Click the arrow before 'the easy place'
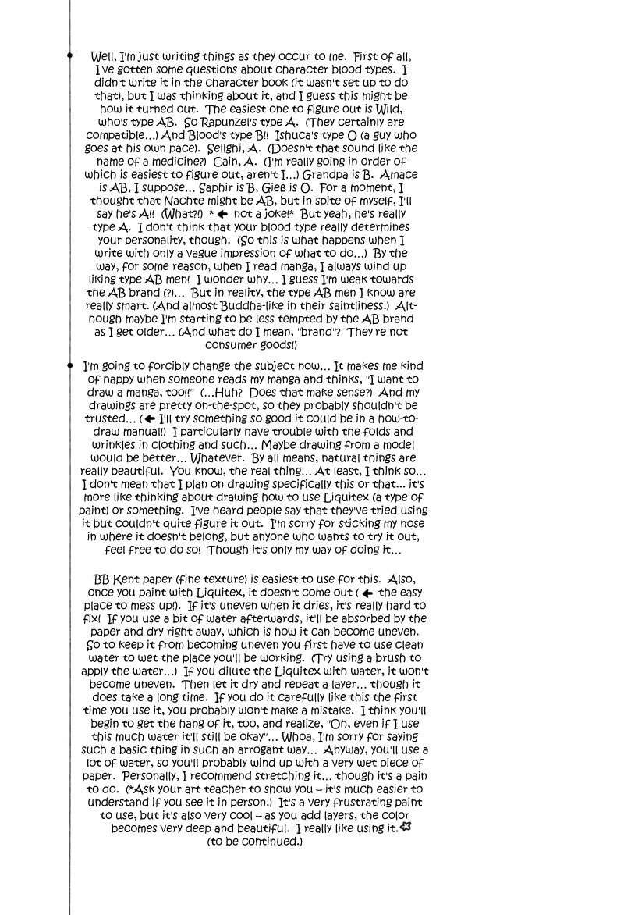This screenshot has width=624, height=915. [x=363, y=592]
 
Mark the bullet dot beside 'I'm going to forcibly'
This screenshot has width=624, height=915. [x=70, y=364]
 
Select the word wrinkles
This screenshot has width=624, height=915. [x=109, y=444]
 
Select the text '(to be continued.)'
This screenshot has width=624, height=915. [x=254, y=842]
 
